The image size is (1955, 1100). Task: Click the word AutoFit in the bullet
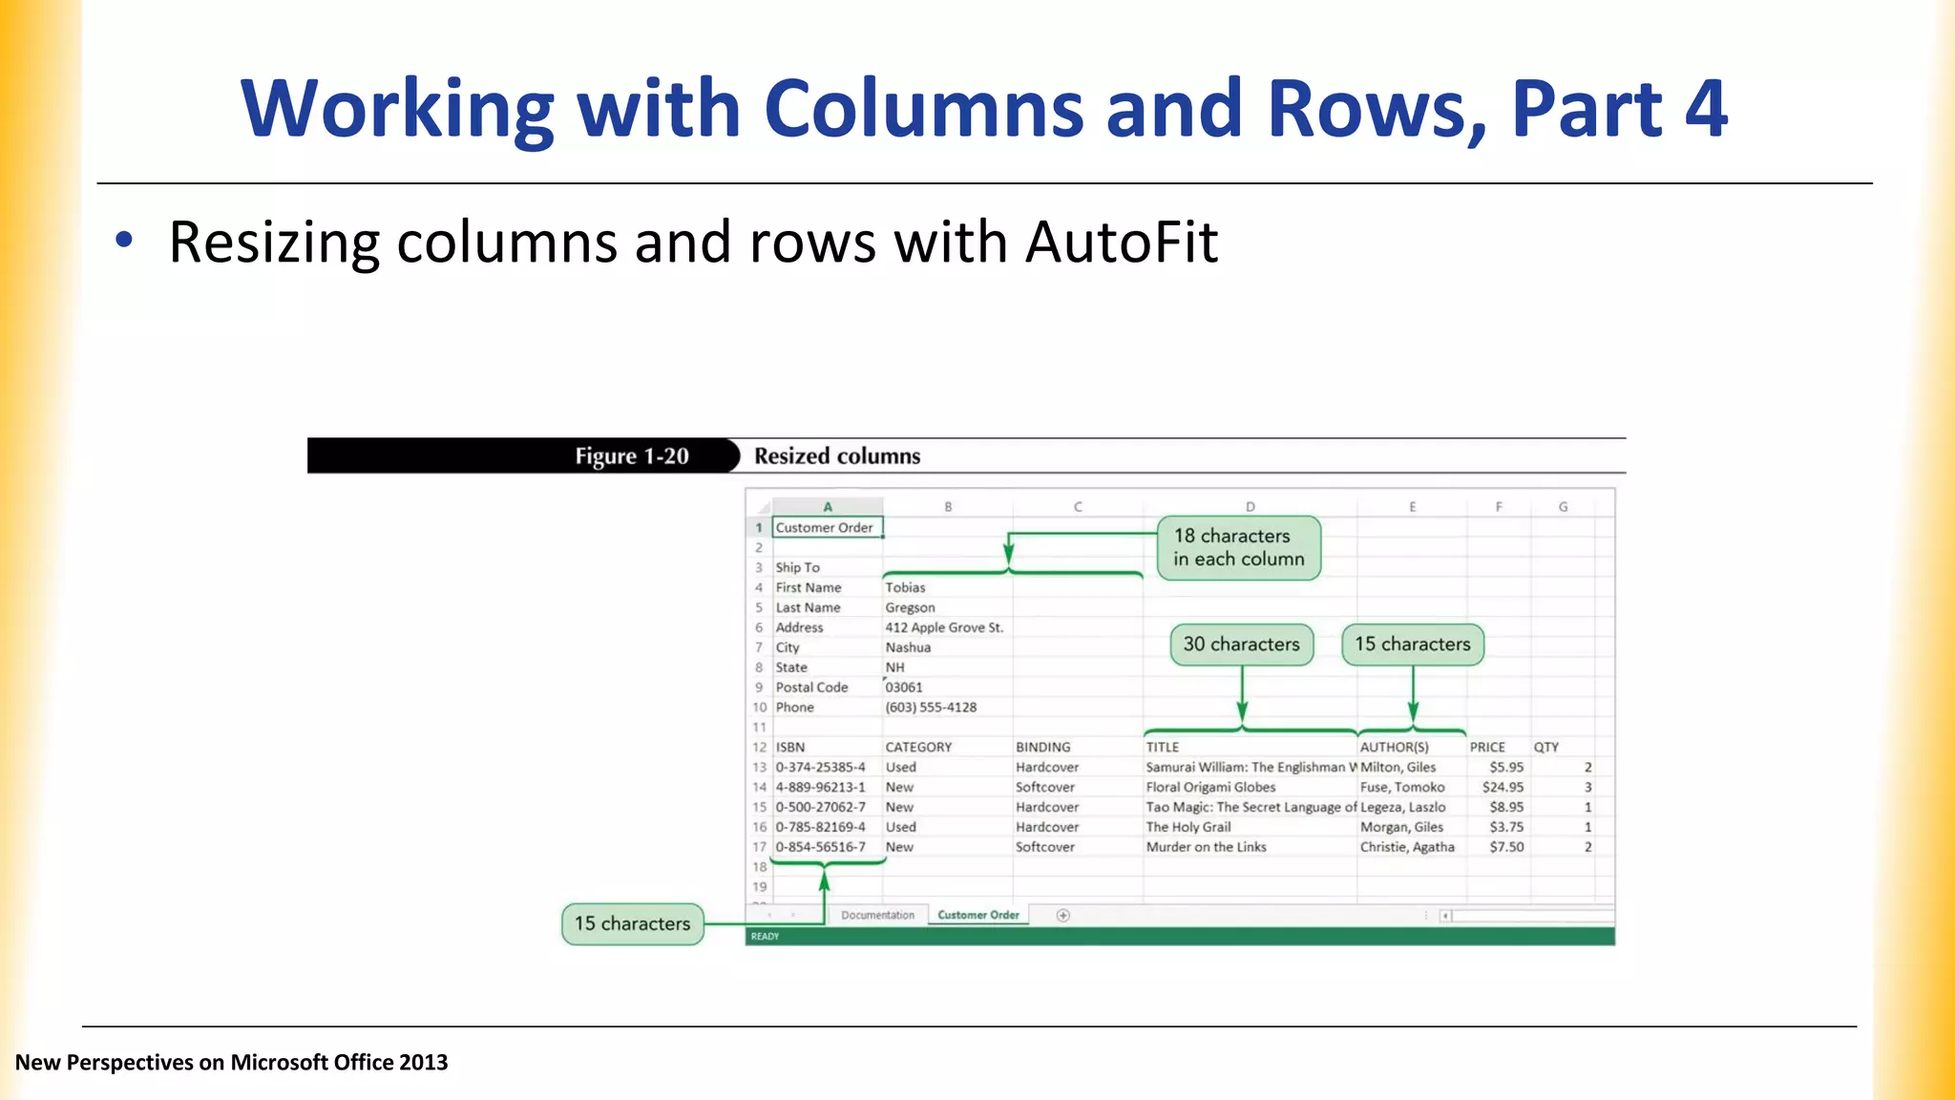click(x=1121, y=243)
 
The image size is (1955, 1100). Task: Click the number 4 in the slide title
click(x=1705, y=109)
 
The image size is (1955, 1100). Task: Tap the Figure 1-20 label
click(x=631, y=456)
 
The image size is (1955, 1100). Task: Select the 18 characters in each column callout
click(x=1238, y=548)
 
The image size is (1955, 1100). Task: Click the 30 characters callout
click(x=1241, y=645)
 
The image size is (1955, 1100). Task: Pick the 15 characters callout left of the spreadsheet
click(x=632, y=924)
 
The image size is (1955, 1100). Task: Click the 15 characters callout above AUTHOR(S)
click(x=1412, y=645)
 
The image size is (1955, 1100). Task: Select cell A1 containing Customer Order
click(x=826, y=528)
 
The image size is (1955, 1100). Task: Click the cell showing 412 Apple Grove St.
click(x=943, y=627)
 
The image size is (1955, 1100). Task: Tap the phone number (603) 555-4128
click(x=931, y=708)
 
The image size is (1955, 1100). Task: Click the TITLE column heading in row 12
click(x=1163, y=748)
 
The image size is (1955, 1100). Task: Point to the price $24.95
click(x=1503, y=788)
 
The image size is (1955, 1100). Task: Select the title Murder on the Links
click(x=1206, y=847)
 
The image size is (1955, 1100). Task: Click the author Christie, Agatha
click(x=1407, y=847)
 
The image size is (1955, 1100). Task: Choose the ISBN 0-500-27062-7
click(x=820, y=807)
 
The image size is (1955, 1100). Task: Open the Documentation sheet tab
click(x=877, y=915)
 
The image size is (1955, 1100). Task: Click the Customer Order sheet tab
click(x=977, y=915)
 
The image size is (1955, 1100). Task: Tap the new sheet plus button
click(x=1063, y=915)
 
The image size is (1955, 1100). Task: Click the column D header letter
click(x=1250, y=507)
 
